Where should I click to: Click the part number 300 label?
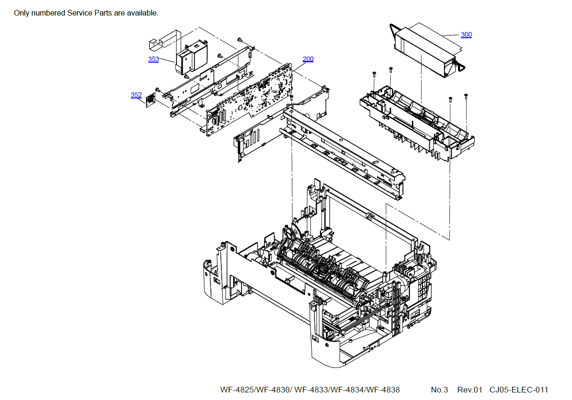coord(466,34)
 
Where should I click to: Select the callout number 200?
coord(308,59)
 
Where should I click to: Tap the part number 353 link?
coord(153,59)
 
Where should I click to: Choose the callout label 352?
coord(136,95)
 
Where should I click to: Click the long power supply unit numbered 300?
coord(424,47)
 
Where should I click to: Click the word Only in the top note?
coord(22,13)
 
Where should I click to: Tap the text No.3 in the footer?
coord(439,390)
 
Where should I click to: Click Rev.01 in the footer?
coord(469,390)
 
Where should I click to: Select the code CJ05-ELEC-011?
coord(519,390)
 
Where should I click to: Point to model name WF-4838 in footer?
coord(383,390)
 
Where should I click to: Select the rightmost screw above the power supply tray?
coord(466,96)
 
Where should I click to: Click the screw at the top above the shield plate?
coord(239,39)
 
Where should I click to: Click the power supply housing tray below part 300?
coord(414,122)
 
